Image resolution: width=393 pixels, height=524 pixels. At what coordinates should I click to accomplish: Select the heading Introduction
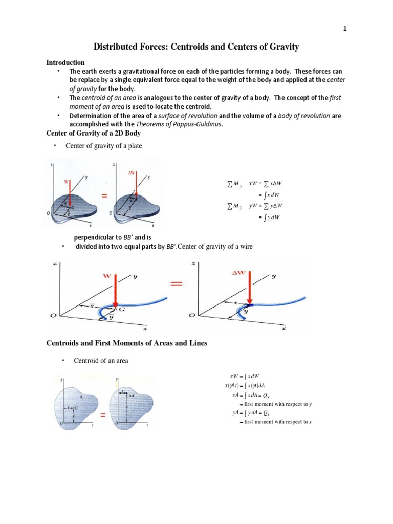click(x=65, y=62)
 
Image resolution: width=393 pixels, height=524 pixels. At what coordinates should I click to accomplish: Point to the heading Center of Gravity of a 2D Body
click(x=94, y=133)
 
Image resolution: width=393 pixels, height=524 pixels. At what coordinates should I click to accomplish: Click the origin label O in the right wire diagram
click(x=191, y=316)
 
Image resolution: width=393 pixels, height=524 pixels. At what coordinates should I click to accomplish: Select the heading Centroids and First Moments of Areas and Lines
click(x=126, y=343)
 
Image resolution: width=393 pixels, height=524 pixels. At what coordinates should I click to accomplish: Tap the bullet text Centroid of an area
click(x=101, y=361)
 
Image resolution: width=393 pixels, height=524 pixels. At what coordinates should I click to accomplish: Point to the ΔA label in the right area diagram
click(x=131, y=396)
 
